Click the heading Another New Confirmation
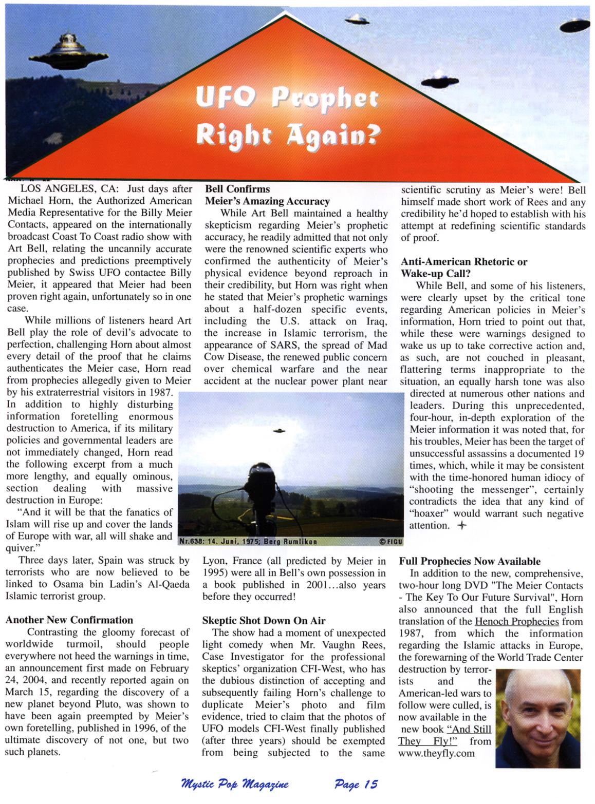69,620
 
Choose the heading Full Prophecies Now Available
470,561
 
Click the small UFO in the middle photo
279,430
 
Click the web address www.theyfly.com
436,754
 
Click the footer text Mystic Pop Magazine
235,784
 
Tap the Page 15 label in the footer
356,784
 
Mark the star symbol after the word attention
462,525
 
